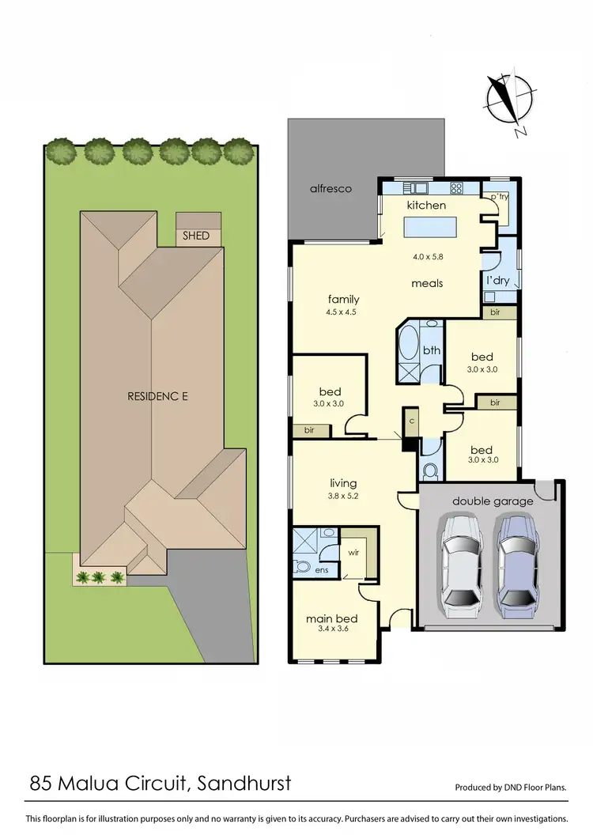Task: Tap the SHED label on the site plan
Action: [x=197, y=235]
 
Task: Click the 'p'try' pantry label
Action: [x=498, y=196]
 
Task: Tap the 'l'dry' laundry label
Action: [x=498, y=280]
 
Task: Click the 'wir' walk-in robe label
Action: [x=353, y=552]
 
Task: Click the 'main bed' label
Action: [x=332, y=618]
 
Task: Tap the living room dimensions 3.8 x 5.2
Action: [x=343, y=497]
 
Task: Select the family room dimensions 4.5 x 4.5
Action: [x=343, y=312]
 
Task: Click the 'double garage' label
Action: [x=493, y=501]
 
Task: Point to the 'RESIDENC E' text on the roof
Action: [x=157, y=395]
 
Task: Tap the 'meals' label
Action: [x=427, y=283]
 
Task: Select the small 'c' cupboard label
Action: [x=411, y=421]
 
